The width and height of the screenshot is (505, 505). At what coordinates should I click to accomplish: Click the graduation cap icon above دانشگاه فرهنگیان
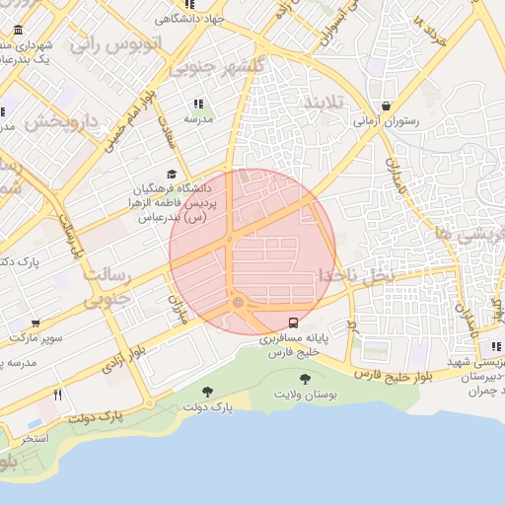tap(172, 174)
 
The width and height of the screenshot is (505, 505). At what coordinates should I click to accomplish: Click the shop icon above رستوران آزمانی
tap(386, 107)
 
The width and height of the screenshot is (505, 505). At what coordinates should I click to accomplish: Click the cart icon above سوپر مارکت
tap(36, 323)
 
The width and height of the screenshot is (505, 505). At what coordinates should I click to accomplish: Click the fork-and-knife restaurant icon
tap(58, 396)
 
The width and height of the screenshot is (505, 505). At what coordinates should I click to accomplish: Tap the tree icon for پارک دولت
tap(207, 392)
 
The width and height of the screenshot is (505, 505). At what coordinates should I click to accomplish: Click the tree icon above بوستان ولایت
tap(304, 380)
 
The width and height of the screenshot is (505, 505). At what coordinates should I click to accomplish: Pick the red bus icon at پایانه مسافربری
tap(293, 323)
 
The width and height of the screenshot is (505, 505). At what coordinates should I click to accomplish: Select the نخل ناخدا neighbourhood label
tap(354, 275)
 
